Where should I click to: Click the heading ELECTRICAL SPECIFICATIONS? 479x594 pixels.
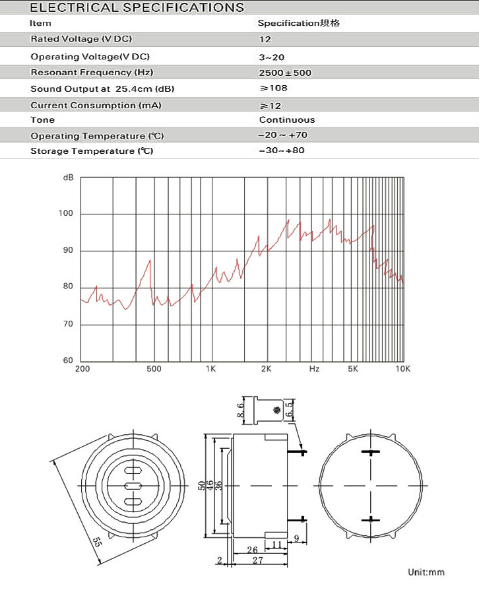tap(137, 8)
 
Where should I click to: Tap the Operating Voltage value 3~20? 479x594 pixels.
tap(272, 57)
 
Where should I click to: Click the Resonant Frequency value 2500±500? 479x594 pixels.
tap(286, 73)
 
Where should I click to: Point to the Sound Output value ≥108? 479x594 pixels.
tap(274, 88)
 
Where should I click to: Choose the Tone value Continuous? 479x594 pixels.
tap(287, 120)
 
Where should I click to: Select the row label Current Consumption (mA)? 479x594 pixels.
tap(96, 106)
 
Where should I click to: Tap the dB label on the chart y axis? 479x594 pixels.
tap(69, 178)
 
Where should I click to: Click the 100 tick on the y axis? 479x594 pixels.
tap(66, 214)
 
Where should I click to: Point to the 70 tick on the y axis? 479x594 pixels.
tap(68, 324)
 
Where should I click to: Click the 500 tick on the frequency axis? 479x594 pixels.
tap(154, 369)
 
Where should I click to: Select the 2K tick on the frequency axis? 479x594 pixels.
tap(267, 369)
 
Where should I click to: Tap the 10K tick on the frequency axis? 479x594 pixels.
tap(402, 369)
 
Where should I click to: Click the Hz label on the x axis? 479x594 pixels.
tap(314, 369)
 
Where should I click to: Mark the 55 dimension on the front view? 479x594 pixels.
tap(97, 543)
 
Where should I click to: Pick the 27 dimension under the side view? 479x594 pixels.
tap(259, 560)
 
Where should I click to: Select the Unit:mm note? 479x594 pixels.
tap(426, 572)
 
